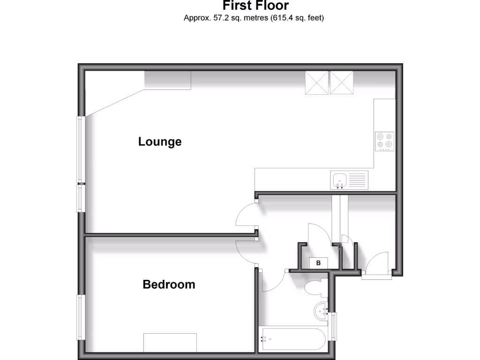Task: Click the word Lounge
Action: point(160,142)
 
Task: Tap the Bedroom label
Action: point(169,285)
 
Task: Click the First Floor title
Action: point(255,6)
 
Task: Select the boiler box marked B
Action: point(318,263)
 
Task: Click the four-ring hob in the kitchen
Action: point(385,141)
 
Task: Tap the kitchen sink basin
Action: point(339,179)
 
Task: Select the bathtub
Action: point(294,338)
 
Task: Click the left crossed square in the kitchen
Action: point(317,82)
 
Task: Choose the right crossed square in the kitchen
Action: point(341,82)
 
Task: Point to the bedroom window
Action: point(80,317)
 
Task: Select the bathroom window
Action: point(333,326)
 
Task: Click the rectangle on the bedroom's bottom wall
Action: point(170,342)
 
